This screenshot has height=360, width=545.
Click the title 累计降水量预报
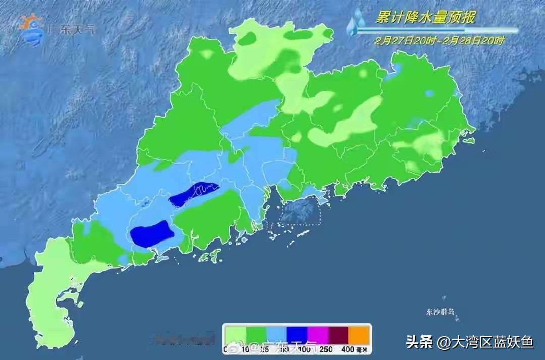click(x=425, y=18)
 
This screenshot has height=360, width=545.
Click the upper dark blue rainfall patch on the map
click(x=194, y=194)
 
